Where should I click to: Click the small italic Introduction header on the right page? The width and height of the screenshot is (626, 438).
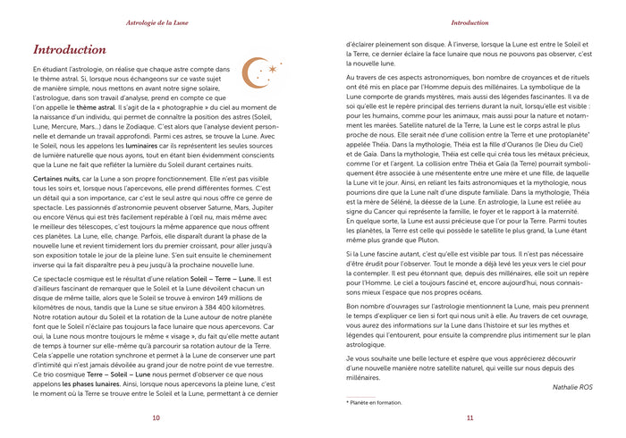[469, 20]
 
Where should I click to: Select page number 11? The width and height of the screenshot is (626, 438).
[469, 417]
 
